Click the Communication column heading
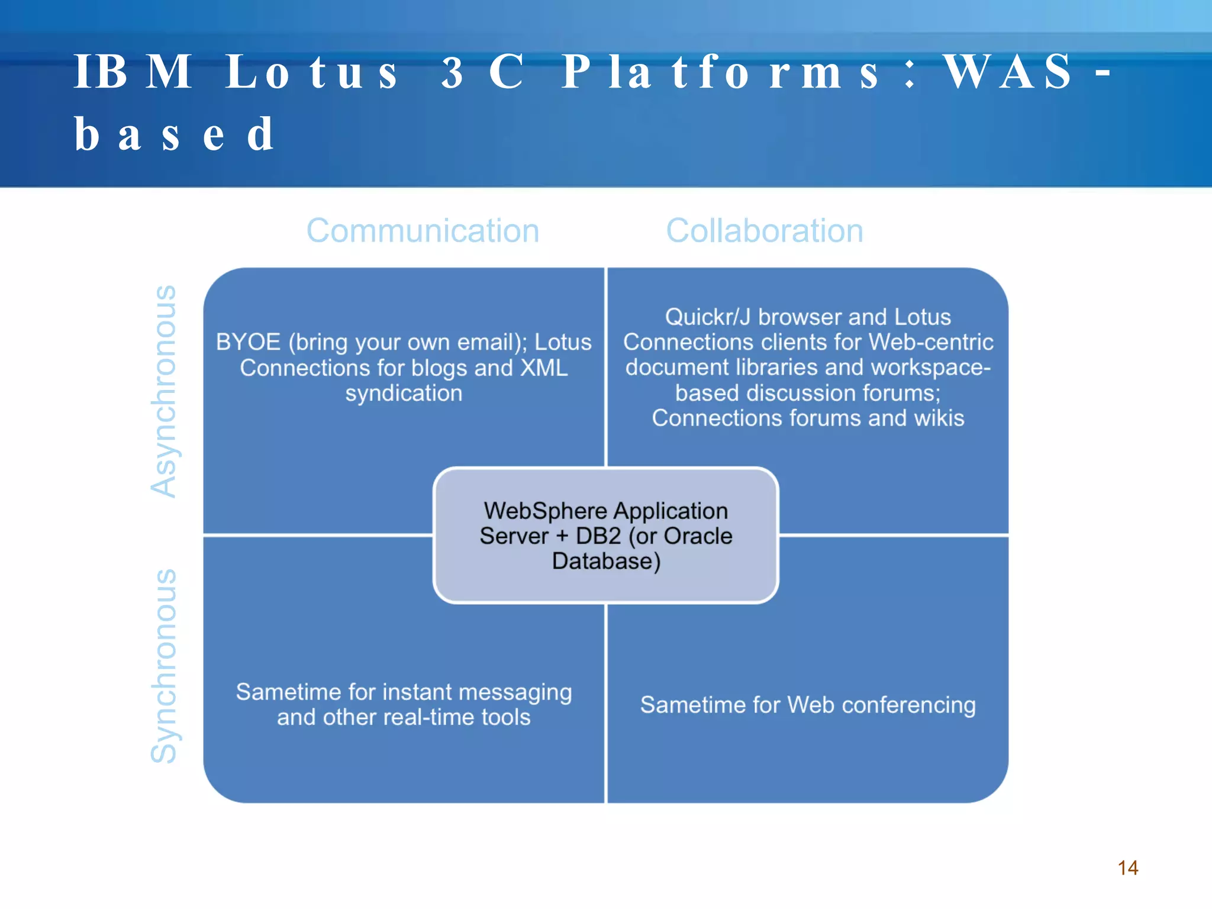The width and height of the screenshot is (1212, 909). coord(423,231)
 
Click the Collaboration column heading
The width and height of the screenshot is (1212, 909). coord(764,231)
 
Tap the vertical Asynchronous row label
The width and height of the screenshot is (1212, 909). coord(164,391)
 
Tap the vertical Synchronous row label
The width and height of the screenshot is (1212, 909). coord(164,666)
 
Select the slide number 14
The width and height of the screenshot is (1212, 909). coord(1128,868)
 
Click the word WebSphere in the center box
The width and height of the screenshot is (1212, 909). coord(544,511)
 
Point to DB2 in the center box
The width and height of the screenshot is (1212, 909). coord(598,536)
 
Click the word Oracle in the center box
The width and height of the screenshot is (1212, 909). coord(698,536)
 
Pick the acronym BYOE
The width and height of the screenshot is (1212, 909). coord(248,342)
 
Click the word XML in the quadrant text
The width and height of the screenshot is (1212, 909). coord(543,368)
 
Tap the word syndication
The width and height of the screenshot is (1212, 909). coord(404,394)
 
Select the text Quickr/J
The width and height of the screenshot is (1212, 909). coord(707,317)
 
